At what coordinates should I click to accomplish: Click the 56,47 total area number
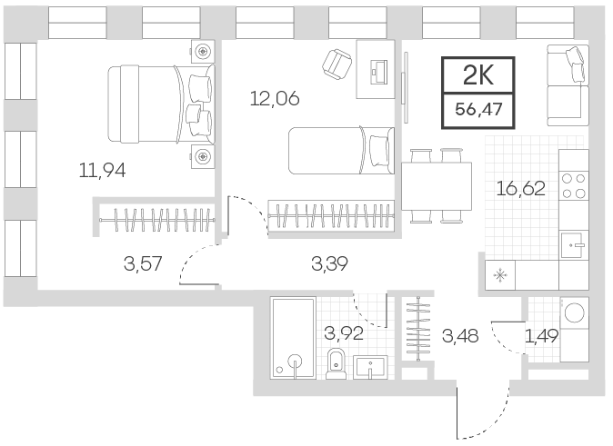pyautogui.click(x=478, y=109)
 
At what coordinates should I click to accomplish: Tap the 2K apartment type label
pyautogui.click(x=478, y=75)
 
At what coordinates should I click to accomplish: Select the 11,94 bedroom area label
pyautogui.click(x=103, y=171)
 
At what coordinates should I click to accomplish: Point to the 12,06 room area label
pyautogui.click(x=275, y=98)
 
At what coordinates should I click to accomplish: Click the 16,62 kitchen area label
pyautogui.click(x=521, y=189)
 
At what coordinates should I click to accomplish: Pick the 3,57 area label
pyautogui.click(x=143, y=263)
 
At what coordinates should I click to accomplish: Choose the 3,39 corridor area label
pyautogui.click(x=329, y=263)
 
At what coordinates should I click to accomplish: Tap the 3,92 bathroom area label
pyautogui.click(x=344, y=333)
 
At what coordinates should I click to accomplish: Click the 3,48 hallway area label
pyautogui.click(x=460, y=335)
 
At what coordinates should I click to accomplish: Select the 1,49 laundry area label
pyautogui.click(x=541, y=335)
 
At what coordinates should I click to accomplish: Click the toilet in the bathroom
pyautogui.click(x=337, y=363)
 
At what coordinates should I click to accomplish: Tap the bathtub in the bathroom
pyautogui.click(x=293, y=338)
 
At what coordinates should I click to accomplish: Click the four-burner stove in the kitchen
pyautogui.click(x=574, y=186)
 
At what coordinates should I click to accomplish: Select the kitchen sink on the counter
pyautogui.click(x=574, y=245)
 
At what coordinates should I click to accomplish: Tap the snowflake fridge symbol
pyautogui.click(x=500, y=276)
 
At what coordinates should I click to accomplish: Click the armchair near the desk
pyautogui.click(x=337, y=64)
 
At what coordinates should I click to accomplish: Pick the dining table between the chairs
pyautogui.click(x=437, y=186)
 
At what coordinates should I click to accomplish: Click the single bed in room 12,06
pyautogui.click(x=341, y=151)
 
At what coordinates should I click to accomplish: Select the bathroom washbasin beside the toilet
pyautogui.click(x=370, y=367)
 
